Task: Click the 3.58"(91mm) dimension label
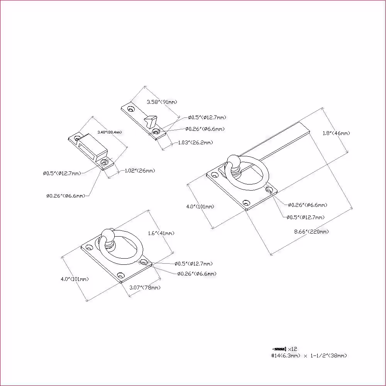point(162,102)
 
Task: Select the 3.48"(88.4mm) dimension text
point(110,132)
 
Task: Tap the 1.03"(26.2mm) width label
point(195,142)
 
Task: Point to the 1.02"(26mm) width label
point(140,171)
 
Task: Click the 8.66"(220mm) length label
point(312,232)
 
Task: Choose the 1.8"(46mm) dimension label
point(336,133)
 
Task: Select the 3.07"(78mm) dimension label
point(145,288)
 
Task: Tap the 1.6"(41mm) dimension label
point(161,233)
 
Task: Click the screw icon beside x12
point(279,349)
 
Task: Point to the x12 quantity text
point(293,349)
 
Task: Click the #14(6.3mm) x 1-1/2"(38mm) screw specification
point(309,356)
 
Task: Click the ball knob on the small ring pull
point(108,235)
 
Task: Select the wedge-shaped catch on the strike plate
point(151,121)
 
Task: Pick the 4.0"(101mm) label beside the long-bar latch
point(200,207)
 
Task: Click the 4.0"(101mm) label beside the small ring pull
point(75,279)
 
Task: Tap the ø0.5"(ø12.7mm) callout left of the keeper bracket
point(62,173)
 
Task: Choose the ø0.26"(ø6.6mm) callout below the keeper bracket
point(66,196)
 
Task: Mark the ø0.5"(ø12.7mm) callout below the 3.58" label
point(207,117)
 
